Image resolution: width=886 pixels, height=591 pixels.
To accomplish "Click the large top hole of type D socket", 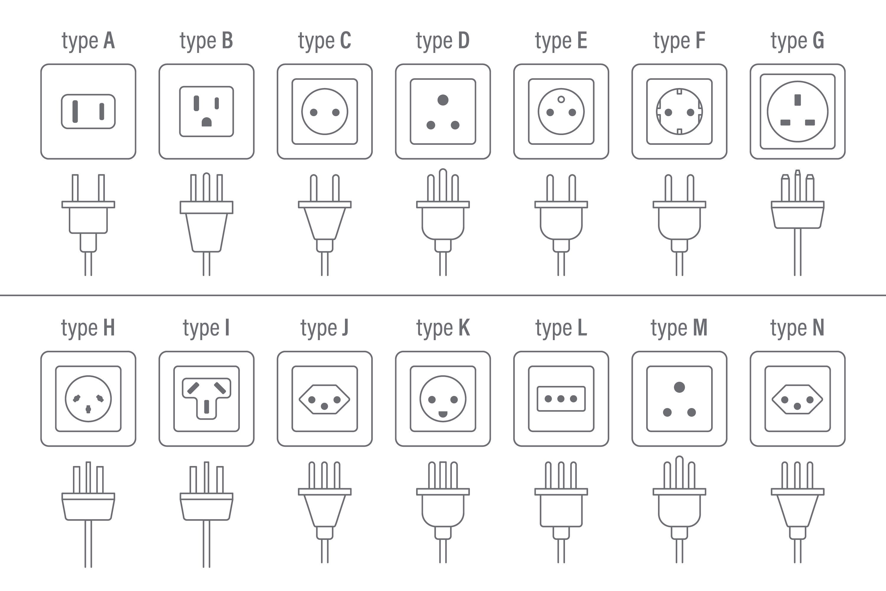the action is point(443,100).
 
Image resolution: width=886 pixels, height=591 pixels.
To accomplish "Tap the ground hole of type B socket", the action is point(206,122).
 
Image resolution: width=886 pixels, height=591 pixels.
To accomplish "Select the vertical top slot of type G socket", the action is point(797,100).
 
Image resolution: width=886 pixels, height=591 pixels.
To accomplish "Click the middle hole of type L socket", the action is point(561,399).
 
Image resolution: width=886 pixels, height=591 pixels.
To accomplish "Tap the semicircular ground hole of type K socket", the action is point(443,414).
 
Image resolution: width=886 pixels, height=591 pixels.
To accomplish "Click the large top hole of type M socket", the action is point(679,387).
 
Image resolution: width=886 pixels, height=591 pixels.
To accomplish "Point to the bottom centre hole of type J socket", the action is point(324,406).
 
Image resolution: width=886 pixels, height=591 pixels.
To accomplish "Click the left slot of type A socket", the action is point(75,112).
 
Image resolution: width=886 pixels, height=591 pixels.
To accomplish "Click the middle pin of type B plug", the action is point(206,187).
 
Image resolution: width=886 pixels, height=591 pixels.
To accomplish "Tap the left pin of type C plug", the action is point(313,188).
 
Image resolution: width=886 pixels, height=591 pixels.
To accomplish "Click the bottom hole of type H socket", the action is point(88,409).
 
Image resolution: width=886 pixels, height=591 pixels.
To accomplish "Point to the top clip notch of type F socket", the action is point(679,91).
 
